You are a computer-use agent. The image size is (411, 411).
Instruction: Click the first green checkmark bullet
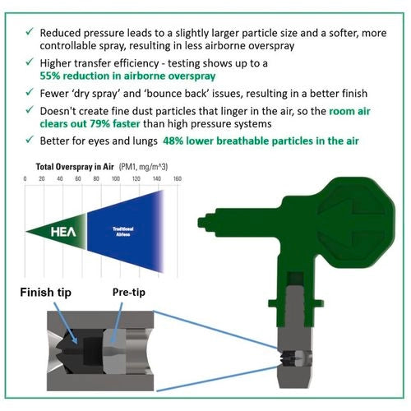(x=30, y=31)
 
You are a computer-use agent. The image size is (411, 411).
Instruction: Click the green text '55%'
(x=50, y=76)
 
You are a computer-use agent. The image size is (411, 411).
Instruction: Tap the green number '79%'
(x=99, y=123)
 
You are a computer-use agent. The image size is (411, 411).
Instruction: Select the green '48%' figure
(x=173, y=141)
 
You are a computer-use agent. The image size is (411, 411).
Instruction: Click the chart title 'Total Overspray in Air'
(x=75, y=167)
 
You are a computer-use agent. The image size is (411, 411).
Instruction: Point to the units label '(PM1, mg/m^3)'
(x=143, y=167)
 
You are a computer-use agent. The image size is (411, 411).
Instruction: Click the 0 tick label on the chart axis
(x=25, y=179)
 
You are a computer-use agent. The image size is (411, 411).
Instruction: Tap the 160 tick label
(x=178, y=179)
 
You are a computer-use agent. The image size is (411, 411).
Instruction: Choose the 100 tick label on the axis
(x=116, y=179)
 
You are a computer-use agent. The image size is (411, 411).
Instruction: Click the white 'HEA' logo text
(x=63, y=232)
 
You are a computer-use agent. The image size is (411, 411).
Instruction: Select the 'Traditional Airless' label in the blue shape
(x=123, y=232)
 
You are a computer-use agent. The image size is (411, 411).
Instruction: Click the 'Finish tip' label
(x=45, y=293)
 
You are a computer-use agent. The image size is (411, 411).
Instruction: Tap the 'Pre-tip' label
(x=129, y=293)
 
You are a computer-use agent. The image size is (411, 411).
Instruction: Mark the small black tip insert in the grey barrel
(x=287, y=358)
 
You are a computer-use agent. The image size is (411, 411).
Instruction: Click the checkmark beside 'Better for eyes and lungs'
(x=30, y=140)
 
